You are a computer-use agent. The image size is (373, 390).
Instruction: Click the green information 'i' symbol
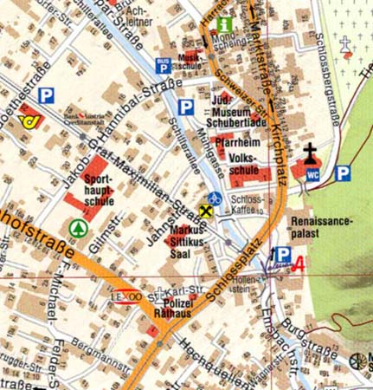225,25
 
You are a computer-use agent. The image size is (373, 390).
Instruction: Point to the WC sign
312,174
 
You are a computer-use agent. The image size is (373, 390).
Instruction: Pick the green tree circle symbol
80,227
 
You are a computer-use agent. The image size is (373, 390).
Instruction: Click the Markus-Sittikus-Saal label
186,240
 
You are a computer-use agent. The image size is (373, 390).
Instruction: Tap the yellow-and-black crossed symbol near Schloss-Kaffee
204,211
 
